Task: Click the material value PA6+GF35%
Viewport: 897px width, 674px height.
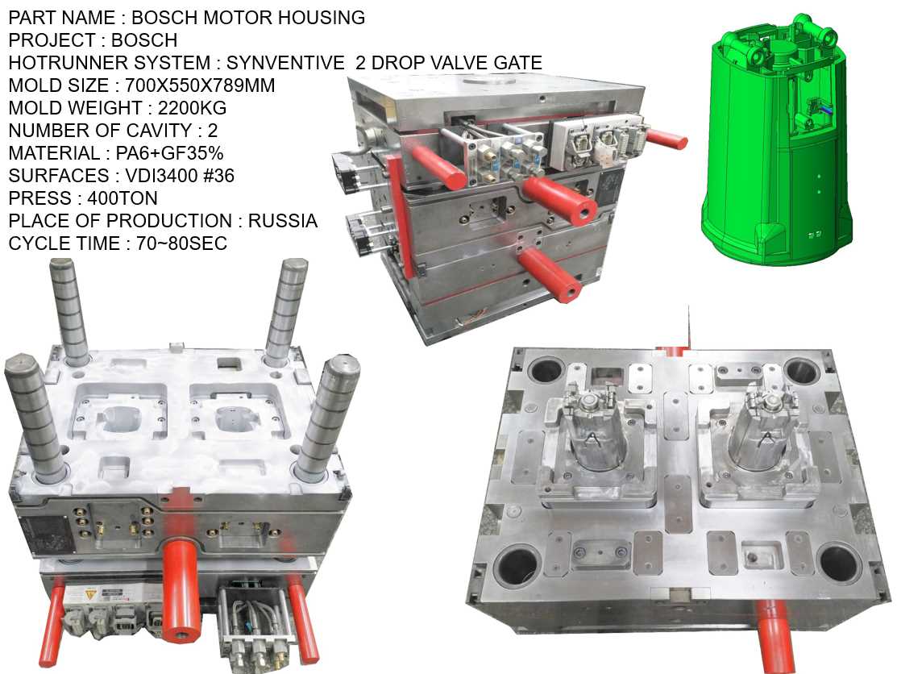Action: point(166,153)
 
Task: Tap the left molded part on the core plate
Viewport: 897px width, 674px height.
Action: point(589,435)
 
